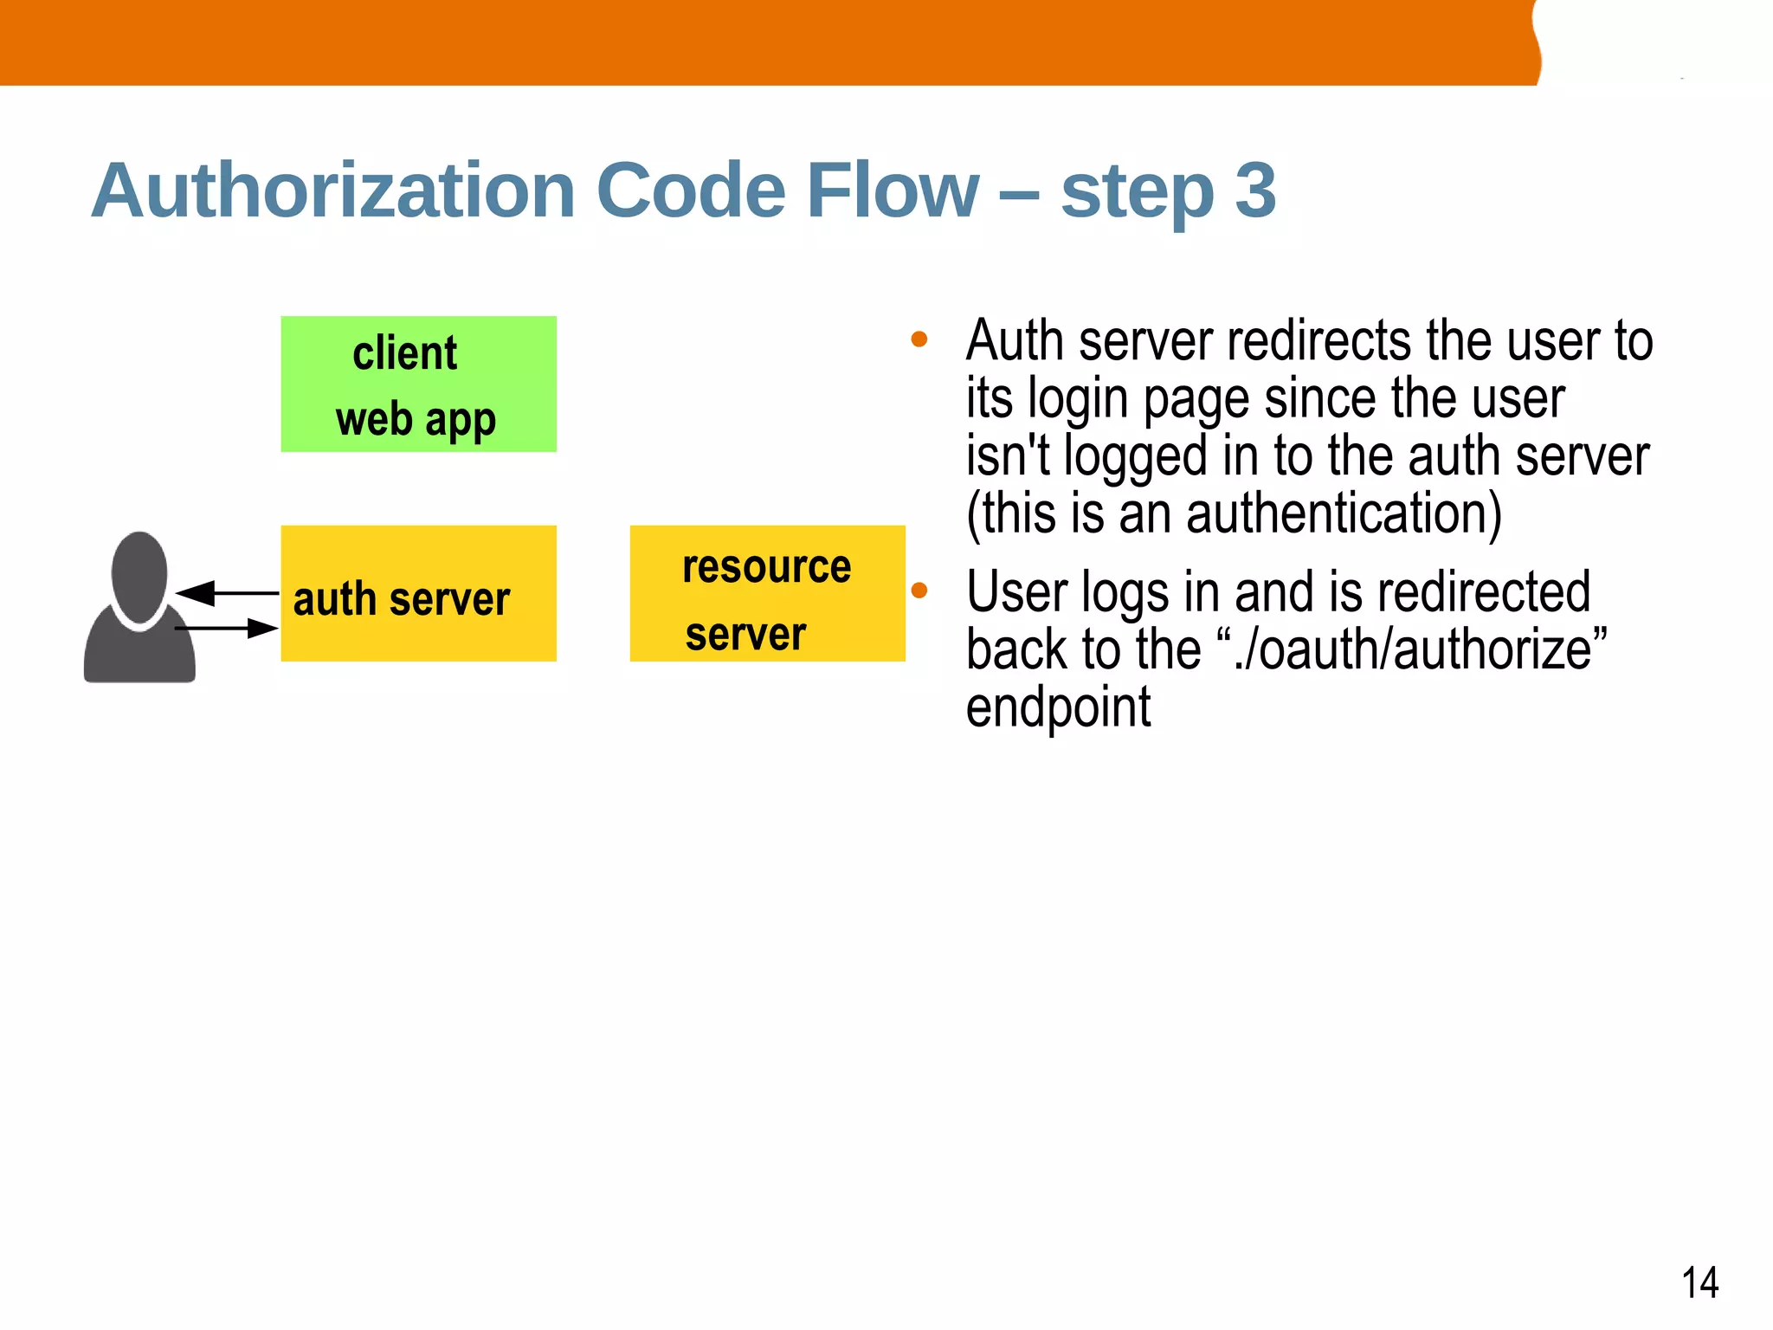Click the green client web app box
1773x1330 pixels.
(418, 384)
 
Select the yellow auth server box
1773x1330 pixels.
(418, 594)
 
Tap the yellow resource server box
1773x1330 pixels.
(767, 594)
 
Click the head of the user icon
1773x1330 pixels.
(139, 576)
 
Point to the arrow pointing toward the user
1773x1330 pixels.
(227, 594)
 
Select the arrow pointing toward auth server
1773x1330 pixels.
(227, 628)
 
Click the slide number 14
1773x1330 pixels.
(1699, 1282)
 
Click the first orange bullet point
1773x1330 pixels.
(919, 339)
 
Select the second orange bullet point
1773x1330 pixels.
(919, 591)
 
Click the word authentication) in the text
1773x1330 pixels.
(1342, 513)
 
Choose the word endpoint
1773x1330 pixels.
(1058, 707)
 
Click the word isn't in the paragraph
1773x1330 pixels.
(1007, 456)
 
